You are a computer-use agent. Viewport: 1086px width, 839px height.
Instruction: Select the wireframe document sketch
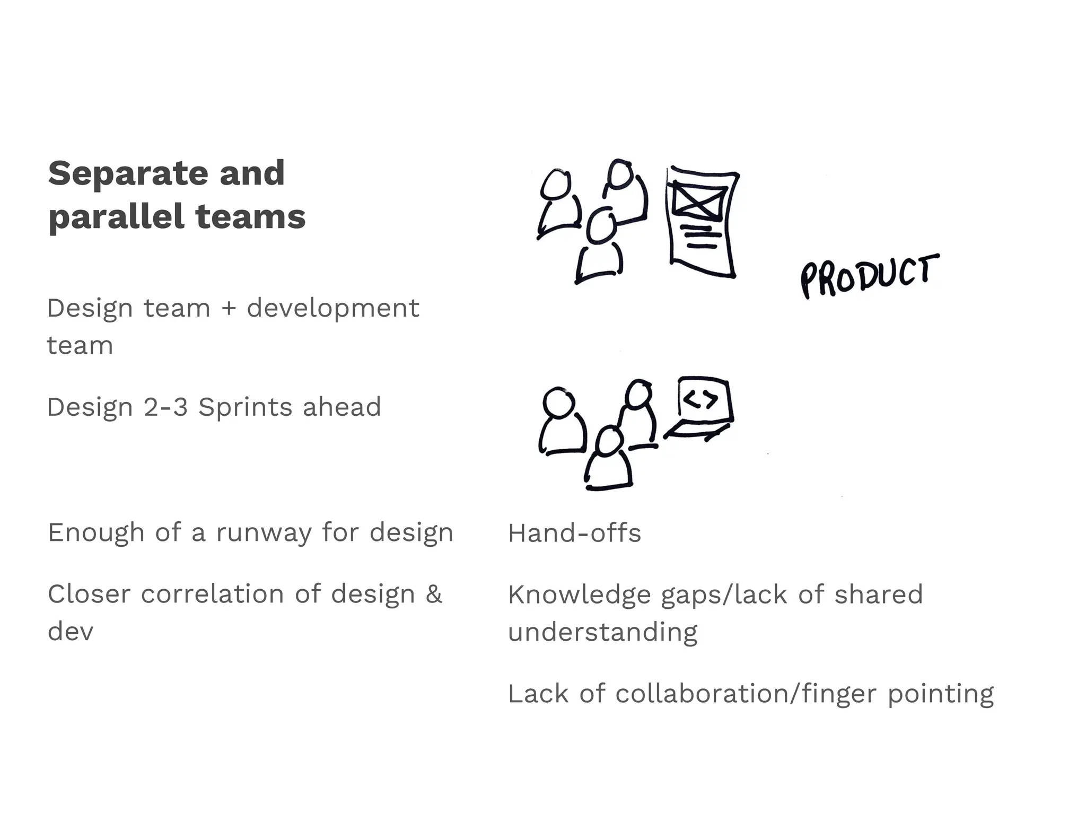pyautogui.click(x=703, y=222)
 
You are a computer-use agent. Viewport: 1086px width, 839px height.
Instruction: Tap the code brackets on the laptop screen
pyautogui.click(x=700, y=399)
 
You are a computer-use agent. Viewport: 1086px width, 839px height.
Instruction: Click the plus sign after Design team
pyautogui.click(x=229, y=308)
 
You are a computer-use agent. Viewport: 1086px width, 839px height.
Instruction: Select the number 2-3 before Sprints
pyautogui.click(x=165, y=407)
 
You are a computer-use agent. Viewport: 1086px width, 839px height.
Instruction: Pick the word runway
pyautogui.click(x=264, y=532)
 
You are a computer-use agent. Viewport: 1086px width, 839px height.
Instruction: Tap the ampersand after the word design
pyautogui.click(x=433, y=594)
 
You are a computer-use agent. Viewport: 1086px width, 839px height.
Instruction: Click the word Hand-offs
pyautogui.click(x=574, y=533)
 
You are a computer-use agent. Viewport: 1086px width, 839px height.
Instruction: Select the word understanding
pyautogui.click(x=602, y=633)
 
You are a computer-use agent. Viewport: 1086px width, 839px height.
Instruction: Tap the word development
pyautogui.click(x=332, y=308)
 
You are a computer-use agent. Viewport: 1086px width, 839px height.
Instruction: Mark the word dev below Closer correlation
pyautogui.click(x=71, y=632)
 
